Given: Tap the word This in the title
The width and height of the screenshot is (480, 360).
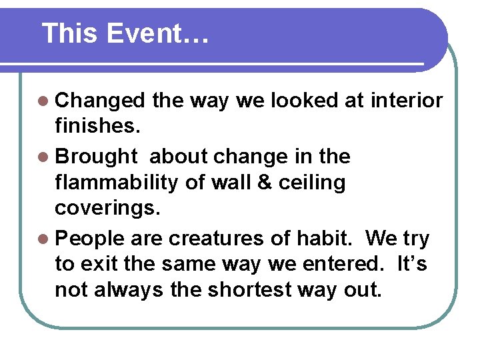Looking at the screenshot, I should [x=70, y=33].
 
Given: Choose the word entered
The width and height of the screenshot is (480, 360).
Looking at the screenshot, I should [x=340, y=265].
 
